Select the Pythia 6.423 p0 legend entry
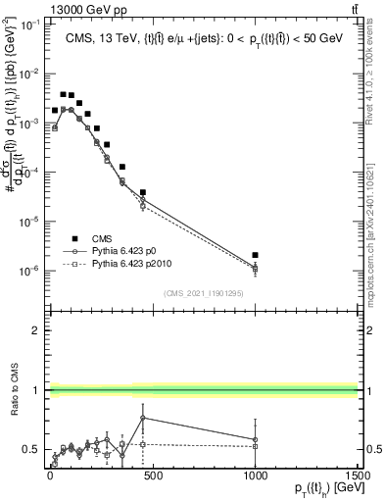point(116,251)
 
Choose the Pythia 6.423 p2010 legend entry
point(121,264)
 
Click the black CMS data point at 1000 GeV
point(255,255)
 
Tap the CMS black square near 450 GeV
point(143,192)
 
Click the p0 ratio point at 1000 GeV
point(255,440)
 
